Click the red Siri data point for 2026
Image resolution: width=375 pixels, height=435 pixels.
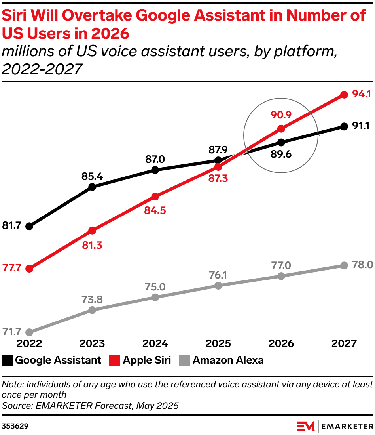click(281, 128)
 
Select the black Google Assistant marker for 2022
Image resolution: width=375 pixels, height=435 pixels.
click(29, 226)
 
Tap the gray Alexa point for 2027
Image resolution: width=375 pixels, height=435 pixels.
click(344, 265)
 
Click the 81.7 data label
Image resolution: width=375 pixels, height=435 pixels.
click(12, 226)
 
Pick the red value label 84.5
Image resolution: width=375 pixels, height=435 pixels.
click(155, 210)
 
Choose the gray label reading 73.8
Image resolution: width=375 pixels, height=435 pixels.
click(92, 300)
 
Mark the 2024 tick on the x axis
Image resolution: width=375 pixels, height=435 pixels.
click(155, 343)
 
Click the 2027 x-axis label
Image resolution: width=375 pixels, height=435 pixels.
click(344, 343)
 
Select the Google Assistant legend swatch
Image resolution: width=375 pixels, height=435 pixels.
click(7, 361)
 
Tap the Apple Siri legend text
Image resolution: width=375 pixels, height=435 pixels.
click(147, 361)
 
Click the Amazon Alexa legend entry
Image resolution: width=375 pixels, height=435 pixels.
click(228, 361)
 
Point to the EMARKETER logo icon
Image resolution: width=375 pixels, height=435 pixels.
click(306, 426)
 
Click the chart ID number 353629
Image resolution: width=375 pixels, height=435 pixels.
click(15, 426)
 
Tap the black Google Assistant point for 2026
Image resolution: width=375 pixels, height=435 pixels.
click(281, 142)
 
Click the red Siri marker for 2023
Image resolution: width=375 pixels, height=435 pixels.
click(92, 230)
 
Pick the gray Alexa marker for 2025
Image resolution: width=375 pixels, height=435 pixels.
click(218, 285)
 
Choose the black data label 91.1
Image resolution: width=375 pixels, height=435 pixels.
click(360, 126)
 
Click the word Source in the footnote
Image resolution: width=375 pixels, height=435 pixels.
click(15, 406)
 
